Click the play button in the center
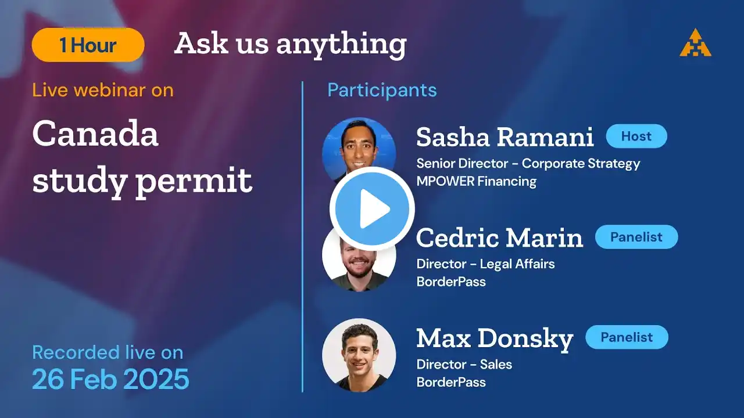pos(372,208)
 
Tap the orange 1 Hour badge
pos(88,45)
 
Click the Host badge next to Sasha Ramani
pos(636,136)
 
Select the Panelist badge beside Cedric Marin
pos(636,237)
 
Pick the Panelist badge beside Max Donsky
pos(627,337)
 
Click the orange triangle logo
pos(696,43)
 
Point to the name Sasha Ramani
pos(505,136)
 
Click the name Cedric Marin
pos(499,237)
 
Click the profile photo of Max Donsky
pos(359,355)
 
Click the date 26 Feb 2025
pos(110,379)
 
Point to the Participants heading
pos(382,90)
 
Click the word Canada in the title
pos(95,134)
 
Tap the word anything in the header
pos(341,45)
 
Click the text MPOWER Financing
pos(477,182)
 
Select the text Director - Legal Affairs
pos(485,264)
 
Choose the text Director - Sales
pos(464,365)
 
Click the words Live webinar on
pos(103,90)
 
